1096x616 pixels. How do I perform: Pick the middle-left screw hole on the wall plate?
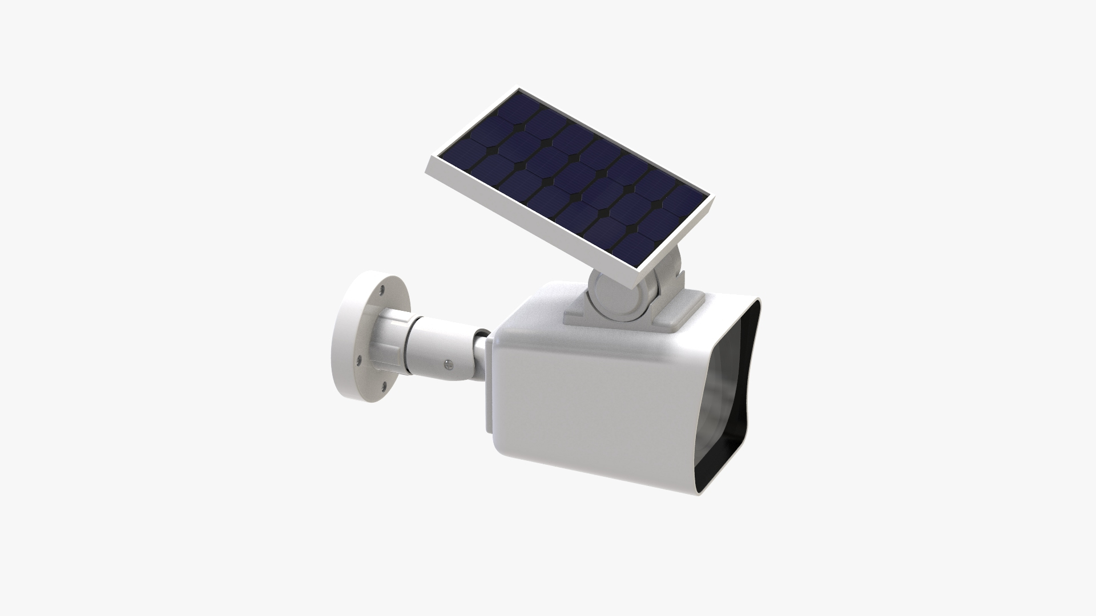coord(358,359)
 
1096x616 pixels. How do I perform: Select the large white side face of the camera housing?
coord(588,399)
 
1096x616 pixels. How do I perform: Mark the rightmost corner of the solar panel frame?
coord(714,197)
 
